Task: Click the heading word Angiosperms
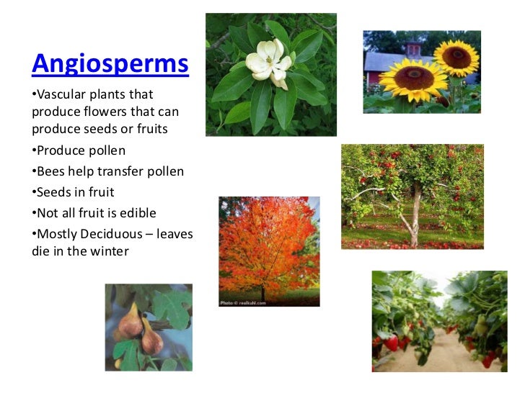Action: coord(110,63)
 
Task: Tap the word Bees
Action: coord(50,171)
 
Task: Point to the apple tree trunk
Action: coord(415,216)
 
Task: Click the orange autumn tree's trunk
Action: coord(262,292)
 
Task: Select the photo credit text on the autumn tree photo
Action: coord(242,302)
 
